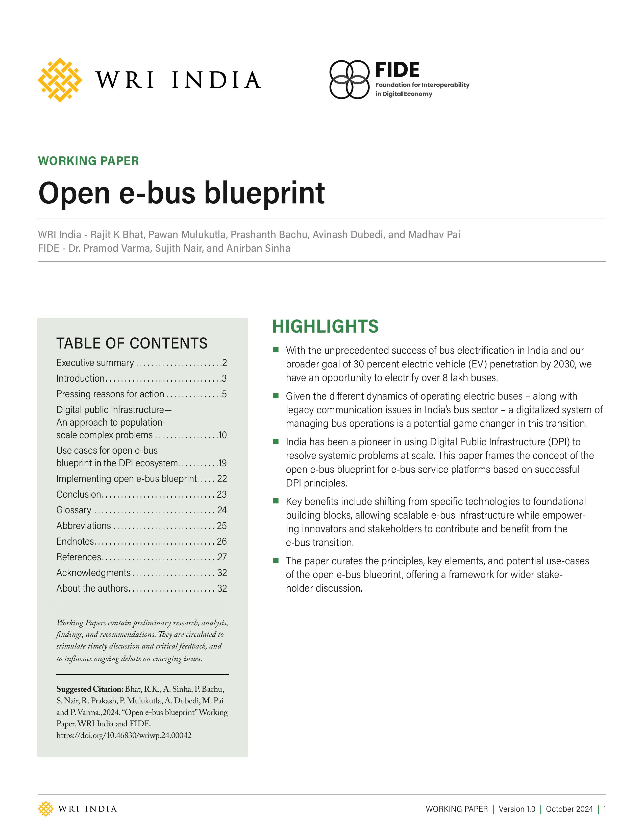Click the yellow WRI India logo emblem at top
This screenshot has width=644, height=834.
60,80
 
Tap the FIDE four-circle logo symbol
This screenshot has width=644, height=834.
349,79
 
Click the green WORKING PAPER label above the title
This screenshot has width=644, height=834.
88,161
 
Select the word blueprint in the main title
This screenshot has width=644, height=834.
264,193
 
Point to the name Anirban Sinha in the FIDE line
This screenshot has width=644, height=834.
258,248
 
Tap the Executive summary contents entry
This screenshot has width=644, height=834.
95,362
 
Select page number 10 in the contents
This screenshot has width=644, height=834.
222,435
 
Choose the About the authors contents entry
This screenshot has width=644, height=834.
92,588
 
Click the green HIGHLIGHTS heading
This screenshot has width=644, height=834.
325,327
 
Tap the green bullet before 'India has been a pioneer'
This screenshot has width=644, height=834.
276,442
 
